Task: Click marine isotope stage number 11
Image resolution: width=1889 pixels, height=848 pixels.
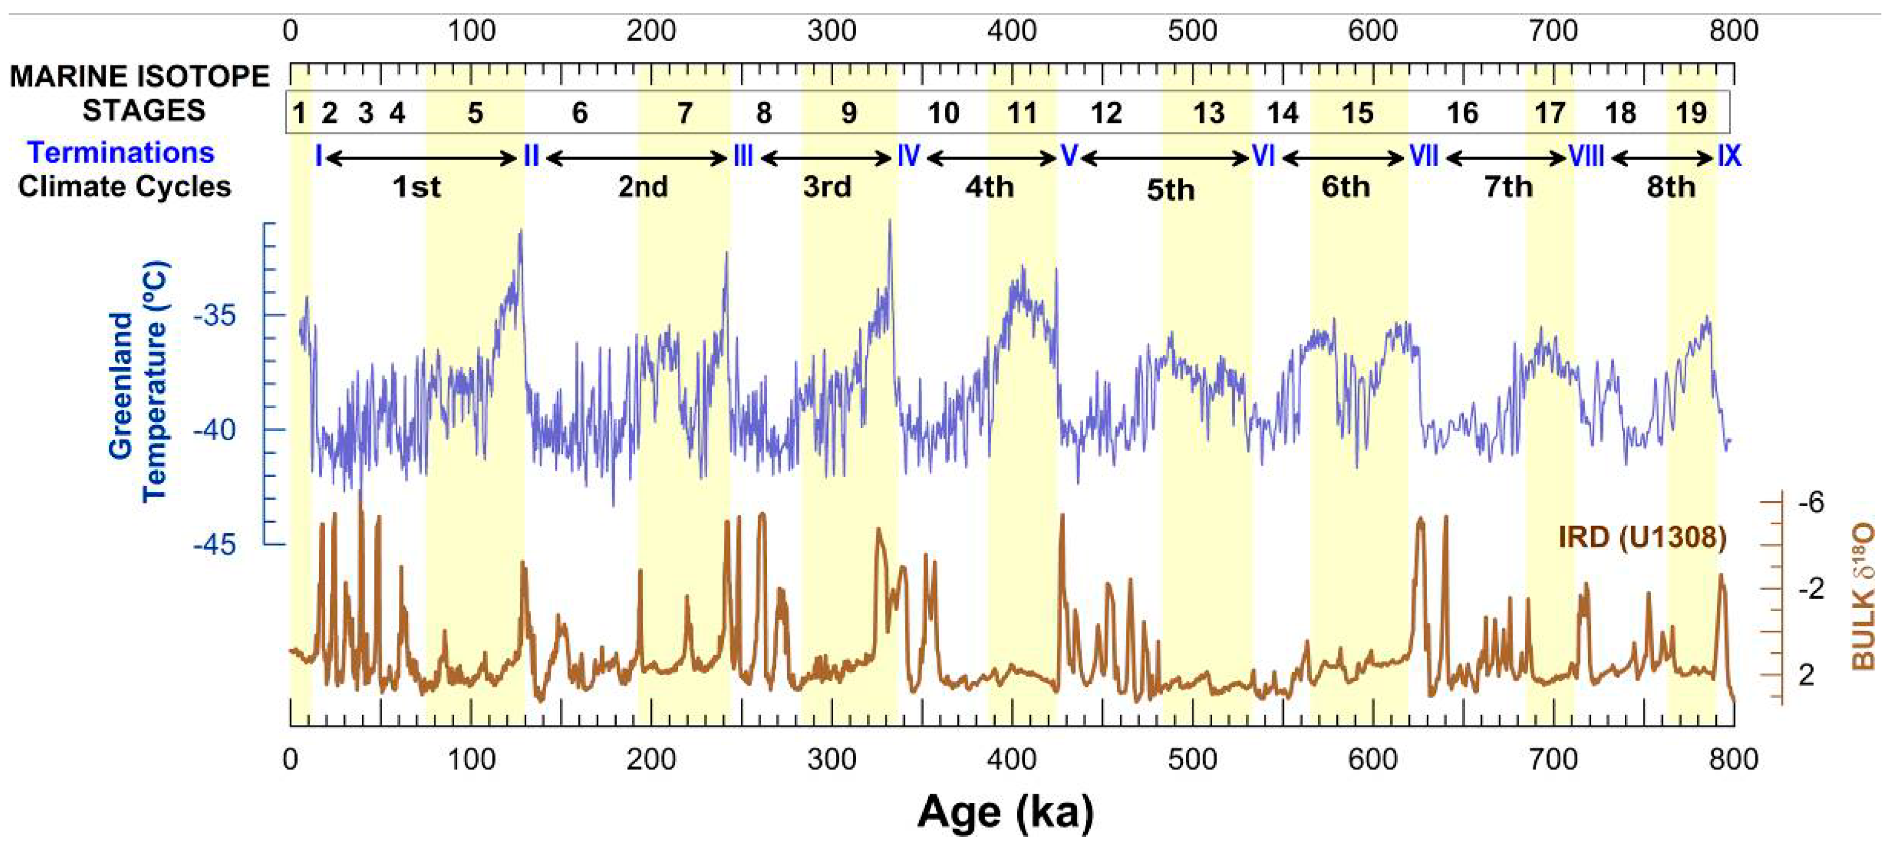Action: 1022,113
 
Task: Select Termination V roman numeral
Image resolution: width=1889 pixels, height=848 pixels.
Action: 1068,156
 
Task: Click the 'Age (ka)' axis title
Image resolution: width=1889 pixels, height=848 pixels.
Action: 1005,812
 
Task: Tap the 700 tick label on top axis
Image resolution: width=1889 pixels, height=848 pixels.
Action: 1553,31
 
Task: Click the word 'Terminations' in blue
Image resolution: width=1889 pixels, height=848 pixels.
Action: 121,153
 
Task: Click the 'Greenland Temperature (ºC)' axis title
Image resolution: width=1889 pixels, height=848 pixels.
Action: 138,381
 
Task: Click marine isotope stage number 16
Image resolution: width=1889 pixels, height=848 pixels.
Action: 1462,113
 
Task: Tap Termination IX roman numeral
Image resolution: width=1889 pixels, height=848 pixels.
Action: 1729,156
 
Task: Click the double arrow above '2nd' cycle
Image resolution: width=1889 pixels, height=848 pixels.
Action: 637,158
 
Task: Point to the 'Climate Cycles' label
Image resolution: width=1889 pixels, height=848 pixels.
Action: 124,186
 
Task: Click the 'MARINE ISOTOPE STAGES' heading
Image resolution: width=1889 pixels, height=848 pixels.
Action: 139,93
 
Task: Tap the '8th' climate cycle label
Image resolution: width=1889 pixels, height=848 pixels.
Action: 1671,187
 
